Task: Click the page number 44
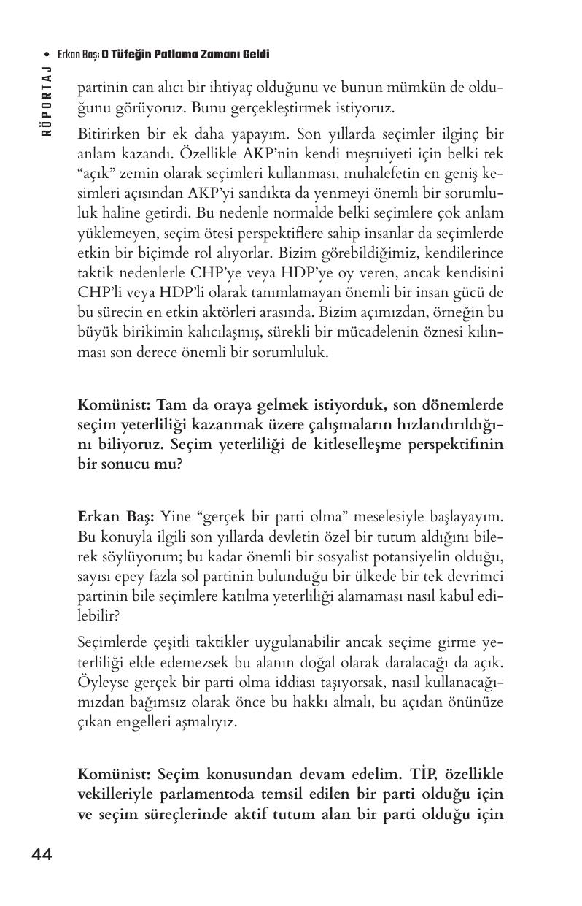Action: click(41, 855)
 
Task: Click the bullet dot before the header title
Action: click(47, 55)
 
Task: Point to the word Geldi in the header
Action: click(255, 55)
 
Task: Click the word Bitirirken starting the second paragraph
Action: click(104, 136)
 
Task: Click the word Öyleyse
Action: click(101, 682)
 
